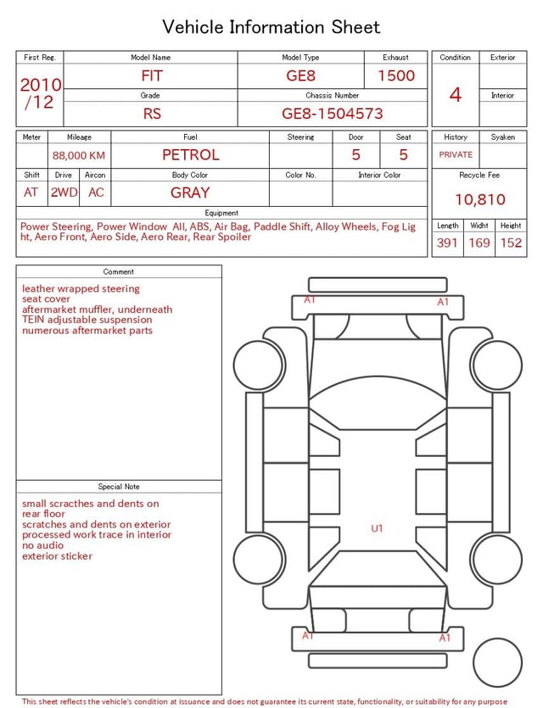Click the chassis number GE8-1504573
332,114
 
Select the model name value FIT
151,75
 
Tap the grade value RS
152,114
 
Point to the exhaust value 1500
396,75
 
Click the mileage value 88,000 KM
79,156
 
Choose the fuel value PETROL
191,155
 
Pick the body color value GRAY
190,192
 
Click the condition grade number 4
456,94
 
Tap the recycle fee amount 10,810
479,199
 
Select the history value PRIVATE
456,154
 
